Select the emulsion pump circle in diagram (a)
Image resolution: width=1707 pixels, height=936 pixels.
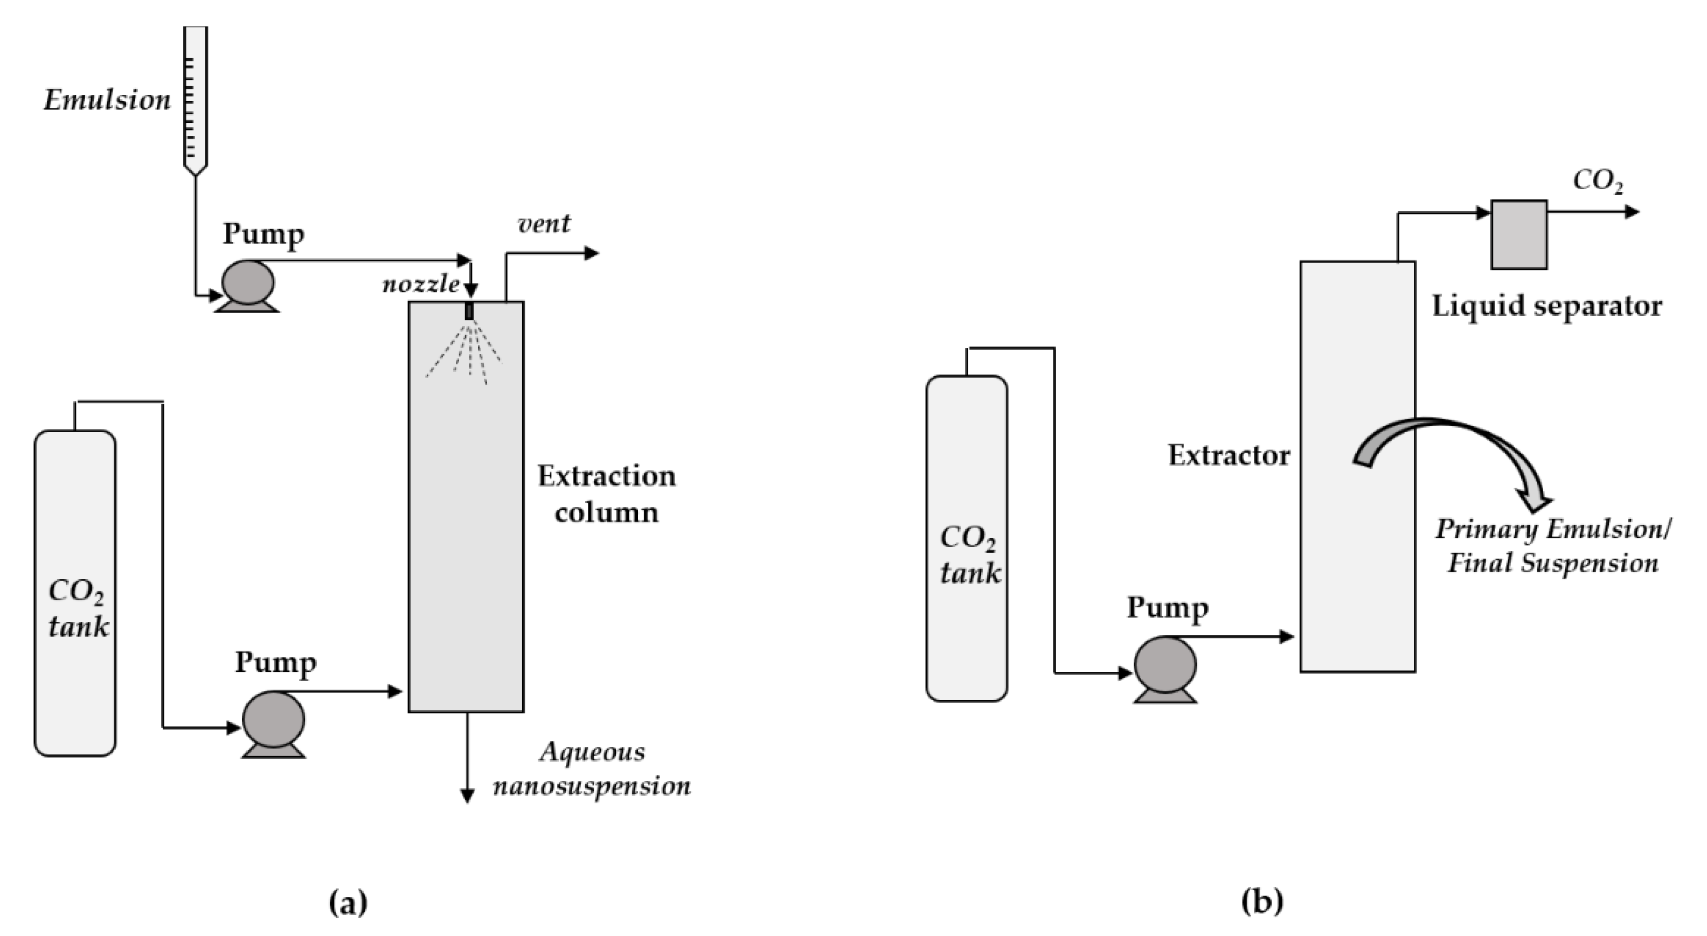247,282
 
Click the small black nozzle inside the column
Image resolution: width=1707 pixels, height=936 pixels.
470,311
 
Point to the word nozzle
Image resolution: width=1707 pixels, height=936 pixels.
421,285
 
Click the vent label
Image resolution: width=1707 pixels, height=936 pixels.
543,224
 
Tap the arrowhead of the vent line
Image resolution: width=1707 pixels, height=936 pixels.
592,253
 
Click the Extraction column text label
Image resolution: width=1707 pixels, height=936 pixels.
606,494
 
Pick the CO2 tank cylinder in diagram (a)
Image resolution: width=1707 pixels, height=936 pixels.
75,593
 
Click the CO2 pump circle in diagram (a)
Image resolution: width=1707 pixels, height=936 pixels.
274,719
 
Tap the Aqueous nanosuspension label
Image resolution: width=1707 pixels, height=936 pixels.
592,769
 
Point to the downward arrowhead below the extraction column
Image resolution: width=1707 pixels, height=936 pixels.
467,796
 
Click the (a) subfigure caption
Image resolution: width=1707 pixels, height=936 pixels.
348,902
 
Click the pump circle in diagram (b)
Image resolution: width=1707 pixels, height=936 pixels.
1165,665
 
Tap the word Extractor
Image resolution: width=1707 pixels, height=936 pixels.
1229,455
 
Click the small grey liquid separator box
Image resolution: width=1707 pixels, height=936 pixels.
1519,234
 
